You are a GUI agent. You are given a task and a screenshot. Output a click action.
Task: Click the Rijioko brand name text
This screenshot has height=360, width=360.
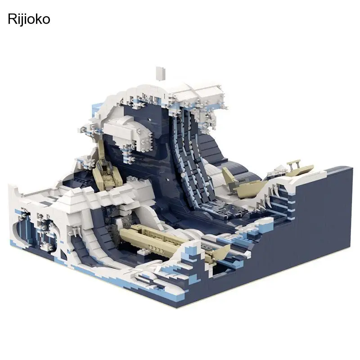(x=29, y=19)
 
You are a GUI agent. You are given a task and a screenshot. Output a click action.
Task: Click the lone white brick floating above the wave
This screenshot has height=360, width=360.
(x=161, y=73)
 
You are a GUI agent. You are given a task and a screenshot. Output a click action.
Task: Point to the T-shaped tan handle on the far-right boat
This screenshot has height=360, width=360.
(x=294, y=163)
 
